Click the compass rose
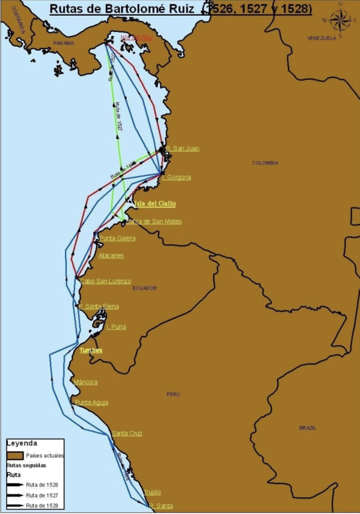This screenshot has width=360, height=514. (340, 20)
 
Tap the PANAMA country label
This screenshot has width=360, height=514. (63, 43)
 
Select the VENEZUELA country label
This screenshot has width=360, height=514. (321, 38)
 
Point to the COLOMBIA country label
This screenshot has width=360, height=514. (265, 163)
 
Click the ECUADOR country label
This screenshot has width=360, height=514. (144, 288)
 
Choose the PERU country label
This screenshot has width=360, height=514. (173, 394)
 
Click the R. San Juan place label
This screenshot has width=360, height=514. (183, 148)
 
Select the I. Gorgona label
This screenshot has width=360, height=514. (177, 177)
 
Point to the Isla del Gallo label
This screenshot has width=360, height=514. (155, 204)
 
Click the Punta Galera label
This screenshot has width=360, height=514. (117, 238)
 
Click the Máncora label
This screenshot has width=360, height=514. (85, 382)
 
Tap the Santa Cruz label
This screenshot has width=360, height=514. (127, 433)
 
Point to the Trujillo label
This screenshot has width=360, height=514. (152, 492)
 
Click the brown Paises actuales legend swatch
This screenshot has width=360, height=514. (16, 456)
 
